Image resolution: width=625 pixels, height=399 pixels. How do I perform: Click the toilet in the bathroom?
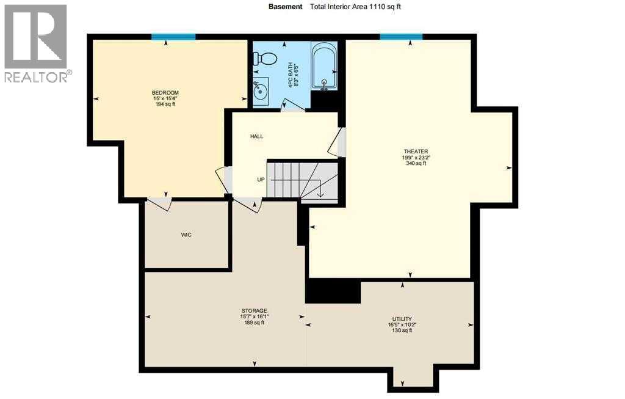[267, 59]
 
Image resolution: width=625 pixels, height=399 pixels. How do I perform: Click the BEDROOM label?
[165, 92]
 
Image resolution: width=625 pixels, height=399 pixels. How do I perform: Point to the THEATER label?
[415, 151]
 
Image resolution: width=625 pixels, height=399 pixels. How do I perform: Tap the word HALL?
[257, 136]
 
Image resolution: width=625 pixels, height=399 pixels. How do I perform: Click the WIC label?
[187, 235]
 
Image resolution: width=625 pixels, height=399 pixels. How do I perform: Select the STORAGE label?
[254, 311]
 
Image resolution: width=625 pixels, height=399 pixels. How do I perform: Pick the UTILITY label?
[402, 318]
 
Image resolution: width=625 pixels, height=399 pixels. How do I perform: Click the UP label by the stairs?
[261, 180]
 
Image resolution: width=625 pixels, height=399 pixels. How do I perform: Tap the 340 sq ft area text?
[415, 163]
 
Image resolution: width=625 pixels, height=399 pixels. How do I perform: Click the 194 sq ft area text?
[165, 104]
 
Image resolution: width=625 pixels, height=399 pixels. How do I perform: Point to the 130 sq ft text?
[402, 331]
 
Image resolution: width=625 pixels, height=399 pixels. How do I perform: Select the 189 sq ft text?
[254, 323]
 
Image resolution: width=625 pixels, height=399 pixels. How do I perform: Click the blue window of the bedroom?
[169, 37]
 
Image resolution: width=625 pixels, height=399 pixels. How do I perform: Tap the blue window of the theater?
[401, 37]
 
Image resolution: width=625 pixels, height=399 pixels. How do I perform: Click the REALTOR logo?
[36, 43]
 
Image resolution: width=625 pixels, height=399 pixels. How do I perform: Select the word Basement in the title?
[286, 7]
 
